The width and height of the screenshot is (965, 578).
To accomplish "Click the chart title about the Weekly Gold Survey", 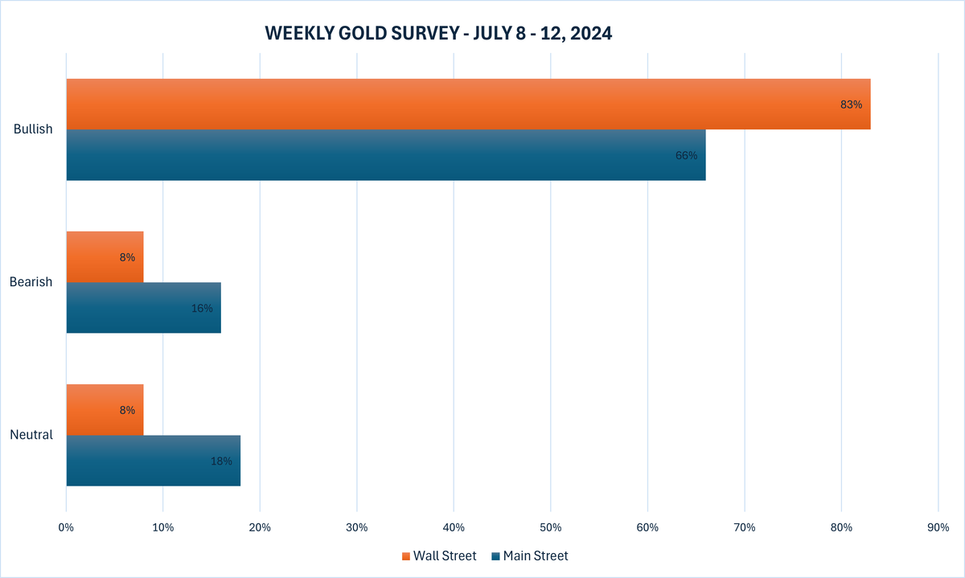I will tap(438, 33).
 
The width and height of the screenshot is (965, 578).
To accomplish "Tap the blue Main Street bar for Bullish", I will tap(386, 155).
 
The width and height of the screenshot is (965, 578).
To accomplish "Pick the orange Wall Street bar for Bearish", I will tap(105, 257).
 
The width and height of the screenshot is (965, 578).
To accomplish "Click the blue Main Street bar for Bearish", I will tap(143, 308).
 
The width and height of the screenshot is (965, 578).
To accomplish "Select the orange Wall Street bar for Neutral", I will tap(105, 410).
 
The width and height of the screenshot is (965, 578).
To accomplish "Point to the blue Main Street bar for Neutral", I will tap(153, 461).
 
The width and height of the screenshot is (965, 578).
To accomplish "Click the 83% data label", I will tap(851, 105).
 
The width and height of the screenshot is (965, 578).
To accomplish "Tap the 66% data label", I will tap(687, 155).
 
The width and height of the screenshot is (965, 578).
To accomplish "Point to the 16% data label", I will tap(202, 308).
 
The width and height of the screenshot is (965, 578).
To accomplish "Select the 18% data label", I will tap(221, 461).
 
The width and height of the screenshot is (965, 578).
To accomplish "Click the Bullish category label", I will tap(33, 129).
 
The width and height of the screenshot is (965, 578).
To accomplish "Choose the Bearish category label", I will tap(31, 282).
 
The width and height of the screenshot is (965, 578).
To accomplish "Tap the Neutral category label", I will tap(31, 435).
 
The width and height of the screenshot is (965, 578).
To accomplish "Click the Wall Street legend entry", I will tap(438, 555).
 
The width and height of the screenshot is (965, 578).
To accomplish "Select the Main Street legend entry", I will tap(529, 555).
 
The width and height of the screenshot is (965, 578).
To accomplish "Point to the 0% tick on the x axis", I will tap(66, 527).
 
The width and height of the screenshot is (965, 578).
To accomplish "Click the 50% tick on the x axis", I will tap(550, 527).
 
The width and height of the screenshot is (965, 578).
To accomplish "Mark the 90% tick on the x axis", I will tap(938, 527).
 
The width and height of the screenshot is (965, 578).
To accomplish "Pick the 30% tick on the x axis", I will tap(356, 527).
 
